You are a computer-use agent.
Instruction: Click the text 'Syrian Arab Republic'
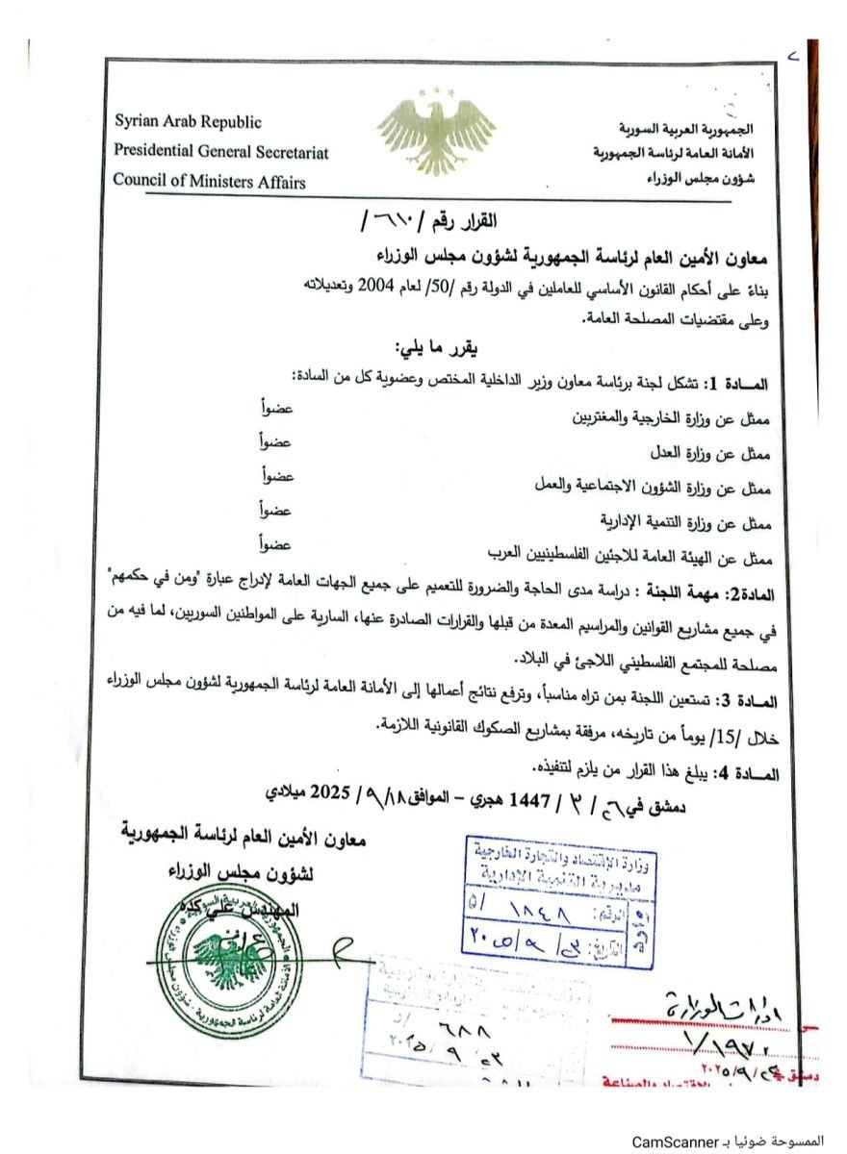coord(188,122)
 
